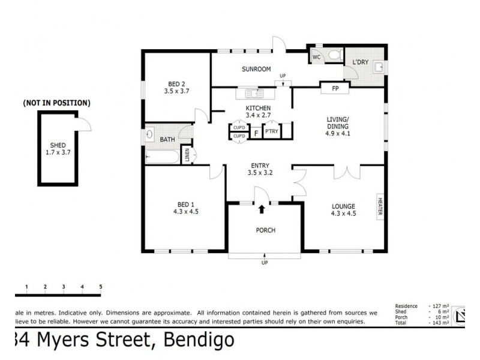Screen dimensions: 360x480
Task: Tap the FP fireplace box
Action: pos(335,89)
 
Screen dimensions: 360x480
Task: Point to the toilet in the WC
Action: pos(336,56)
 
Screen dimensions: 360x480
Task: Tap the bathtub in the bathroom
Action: pos(162,158)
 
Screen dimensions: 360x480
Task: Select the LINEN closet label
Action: pos(188,155)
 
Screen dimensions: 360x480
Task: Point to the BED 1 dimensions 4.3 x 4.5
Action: pos(185,212)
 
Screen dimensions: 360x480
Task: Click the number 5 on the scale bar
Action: pos(101,287)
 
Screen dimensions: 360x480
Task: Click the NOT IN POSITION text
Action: pos(57,103)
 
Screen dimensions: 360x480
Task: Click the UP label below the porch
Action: pos(264,263)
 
